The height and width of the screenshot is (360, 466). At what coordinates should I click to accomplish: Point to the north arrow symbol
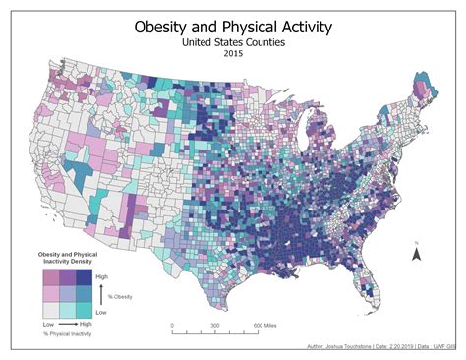click(416, 253)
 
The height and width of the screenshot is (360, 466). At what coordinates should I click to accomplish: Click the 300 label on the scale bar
click(214, 326)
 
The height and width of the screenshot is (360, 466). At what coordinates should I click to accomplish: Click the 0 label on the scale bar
click(172, 326)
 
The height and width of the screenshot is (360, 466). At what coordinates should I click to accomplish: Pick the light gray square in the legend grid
click(49, 310)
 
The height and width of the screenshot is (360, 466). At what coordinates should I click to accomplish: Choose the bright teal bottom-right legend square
click(85, 310)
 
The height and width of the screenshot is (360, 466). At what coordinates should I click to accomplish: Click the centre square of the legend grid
click(67, 293)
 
